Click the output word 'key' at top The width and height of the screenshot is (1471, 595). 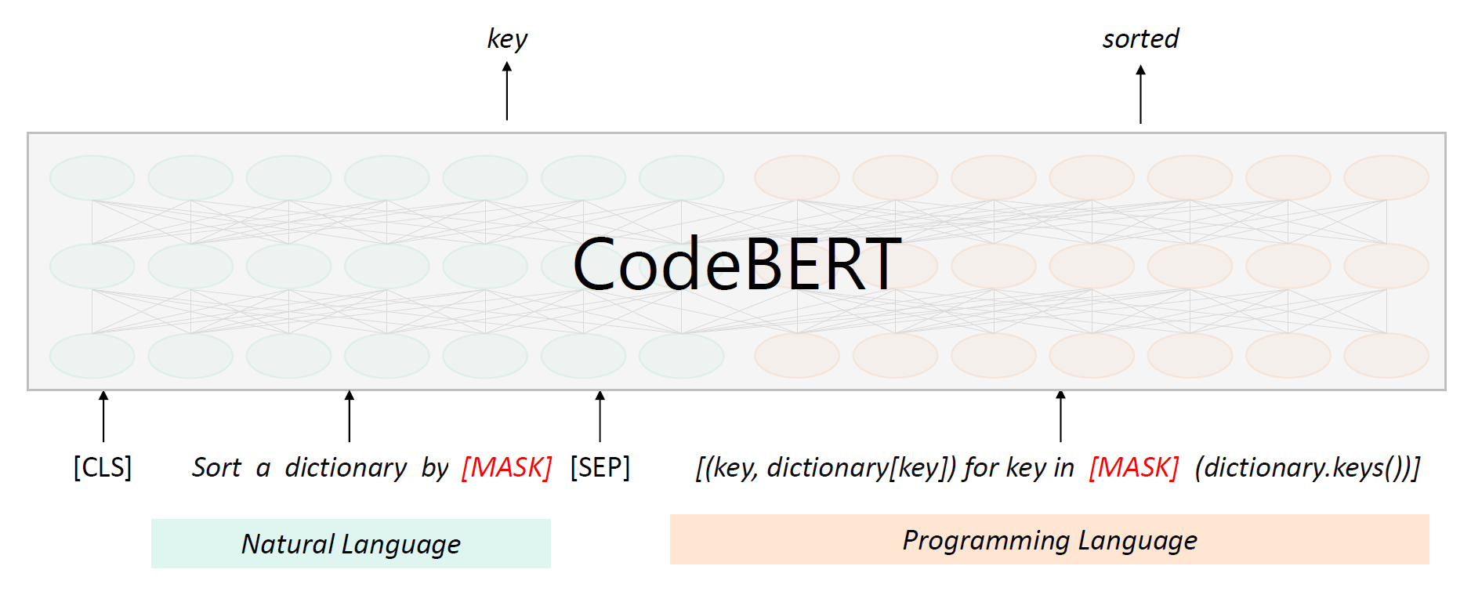click(x=507, y=39)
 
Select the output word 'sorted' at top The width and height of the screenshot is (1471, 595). click(x=1140, y=39)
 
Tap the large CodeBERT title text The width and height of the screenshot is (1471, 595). click(x=737, y=265)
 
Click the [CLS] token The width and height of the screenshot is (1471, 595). click(x=103, y=467)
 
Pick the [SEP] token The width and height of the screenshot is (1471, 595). click(x=600, y=467)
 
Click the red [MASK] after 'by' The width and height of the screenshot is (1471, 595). click(x=507, y=467)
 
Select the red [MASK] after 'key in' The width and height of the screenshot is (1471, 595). click(x=1134, y=467)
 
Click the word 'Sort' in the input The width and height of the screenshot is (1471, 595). click(x=216, y=467)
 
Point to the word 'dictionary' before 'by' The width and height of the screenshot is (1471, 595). click(x=346, y=467)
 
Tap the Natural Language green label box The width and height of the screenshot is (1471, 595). click(x=350, y=543)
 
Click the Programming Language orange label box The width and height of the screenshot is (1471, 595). click(x=1049, y=539)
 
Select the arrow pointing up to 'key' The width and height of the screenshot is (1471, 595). click(x=507, y=91)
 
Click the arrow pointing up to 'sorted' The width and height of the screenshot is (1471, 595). click(x=1140, y=94)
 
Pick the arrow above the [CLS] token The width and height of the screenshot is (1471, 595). click(x=103, y=416)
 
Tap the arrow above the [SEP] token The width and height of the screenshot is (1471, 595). click(x=600, y=416)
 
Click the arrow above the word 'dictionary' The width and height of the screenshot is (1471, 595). click(x=350, y=416)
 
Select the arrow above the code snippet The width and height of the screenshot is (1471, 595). click(x=1060, y=416)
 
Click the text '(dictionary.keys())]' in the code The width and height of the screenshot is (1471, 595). click(x=1307, y=467)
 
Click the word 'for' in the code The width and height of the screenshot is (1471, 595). click(x=981, y=467)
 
